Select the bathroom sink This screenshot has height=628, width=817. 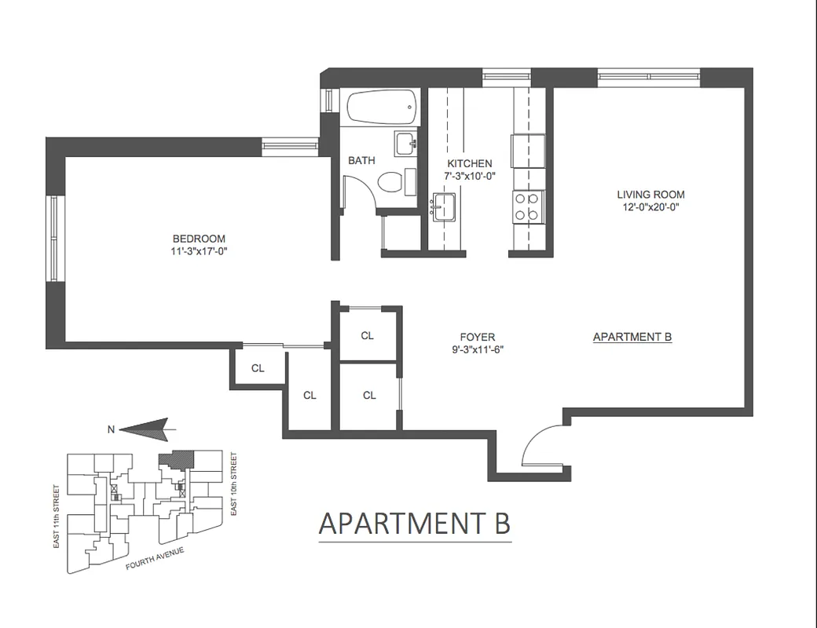pyautogui.click(x=405, y=144)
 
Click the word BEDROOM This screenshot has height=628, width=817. pyautogui.click(x=200, y=239)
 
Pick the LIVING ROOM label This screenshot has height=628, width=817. pyautogui.click(x=650, y=195)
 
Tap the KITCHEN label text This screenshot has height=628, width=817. pyautogui.click(x=469, y=163)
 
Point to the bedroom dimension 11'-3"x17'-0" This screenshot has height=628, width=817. pyautogui.click(x=200, y=252)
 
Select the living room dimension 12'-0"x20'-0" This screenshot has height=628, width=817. pyautogui.click(x=650, y=207)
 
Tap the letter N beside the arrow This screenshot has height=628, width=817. pyautogui.click(x=111, y=429)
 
